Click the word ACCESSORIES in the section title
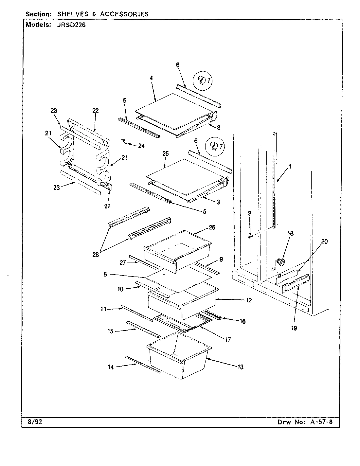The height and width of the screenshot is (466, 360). (x=124, y=14)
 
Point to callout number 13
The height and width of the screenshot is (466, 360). (x=240, y=367)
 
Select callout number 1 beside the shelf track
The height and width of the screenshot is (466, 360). (x=290, y=166)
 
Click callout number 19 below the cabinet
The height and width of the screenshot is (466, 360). (x=294, y=328)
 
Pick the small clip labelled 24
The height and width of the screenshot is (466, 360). (x=123, y=141)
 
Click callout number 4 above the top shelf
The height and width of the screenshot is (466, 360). (x=151, y=78)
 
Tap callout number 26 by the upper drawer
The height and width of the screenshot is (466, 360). (x=212, y=227)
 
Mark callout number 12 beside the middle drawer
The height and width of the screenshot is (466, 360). (x=249, y=300)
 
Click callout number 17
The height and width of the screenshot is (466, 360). (x=228, y=340)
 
